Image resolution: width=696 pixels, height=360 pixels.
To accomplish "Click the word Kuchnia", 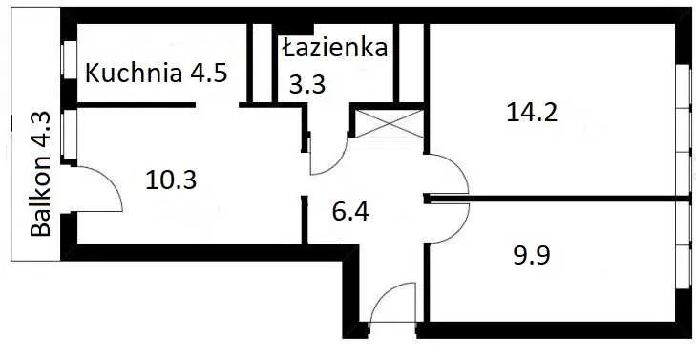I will click(x=132, y=74).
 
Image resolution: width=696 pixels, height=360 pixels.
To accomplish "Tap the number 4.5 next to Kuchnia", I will click(x=207, y=74).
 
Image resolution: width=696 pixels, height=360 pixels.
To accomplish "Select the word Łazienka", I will click(x=334, y=47).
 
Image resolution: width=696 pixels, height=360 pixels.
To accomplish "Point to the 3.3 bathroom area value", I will click(x=307, y=84).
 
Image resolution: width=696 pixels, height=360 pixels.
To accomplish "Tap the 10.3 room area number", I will click(x=172, y=179).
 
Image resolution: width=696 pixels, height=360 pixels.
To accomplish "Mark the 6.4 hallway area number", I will click(x=350, y=210).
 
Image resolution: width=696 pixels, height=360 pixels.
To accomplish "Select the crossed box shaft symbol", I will click(x=389, y=124).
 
